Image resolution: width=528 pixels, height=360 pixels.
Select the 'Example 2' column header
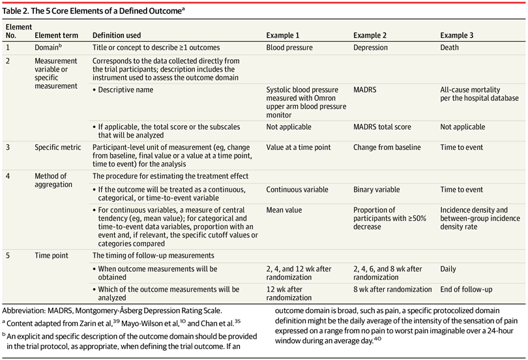(373, 35)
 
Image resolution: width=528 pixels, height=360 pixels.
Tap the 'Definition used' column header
(117, 35)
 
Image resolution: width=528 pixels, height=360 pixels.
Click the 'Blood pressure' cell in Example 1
(289, 48)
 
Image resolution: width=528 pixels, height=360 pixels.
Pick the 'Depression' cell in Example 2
(372, 48)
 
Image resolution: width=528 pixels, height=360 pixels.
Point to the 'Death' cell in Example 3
(450, 48)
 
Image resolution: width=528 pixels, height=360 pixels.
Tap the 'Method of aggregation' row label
(51, 181)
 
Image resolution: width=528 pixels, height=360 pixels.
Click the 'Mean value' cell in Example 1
(284, 211)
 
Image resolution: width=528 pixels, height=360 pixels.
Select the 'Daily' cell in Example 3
(449, 269)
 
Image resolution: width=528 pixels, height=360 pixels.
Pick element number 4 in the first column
(8, 176)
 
